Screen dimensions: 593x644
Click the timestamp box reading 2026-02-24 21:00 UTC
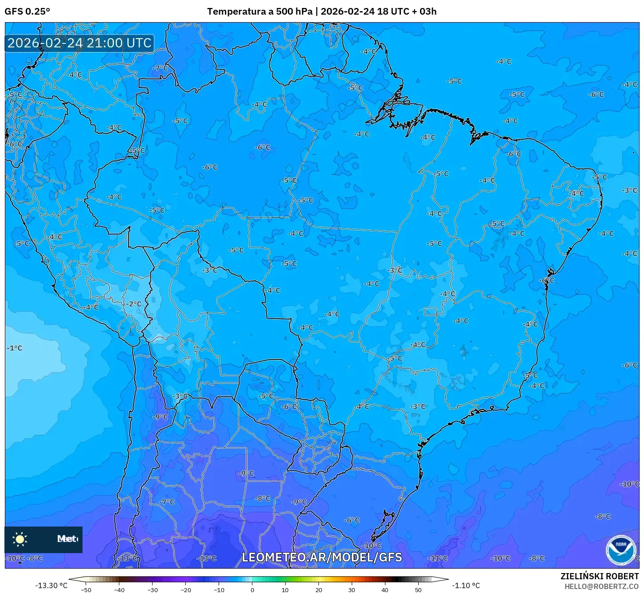click(x=79, y=43)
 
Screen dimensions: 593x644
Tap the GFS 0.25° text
click(x=27, y=11)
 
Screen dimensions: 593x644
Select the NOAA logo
click(x=620, y=550)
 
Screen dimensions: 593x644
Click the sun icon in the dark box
click(x=20, y=539)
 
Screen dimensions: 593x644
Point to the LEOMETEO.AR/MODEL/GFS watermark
click(x=322, y=557)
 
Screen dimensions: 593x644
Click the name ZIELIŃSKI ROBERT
click(x=599, y=576)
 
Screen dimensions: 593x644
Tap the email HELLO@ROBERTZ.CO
click(x=601, y=586)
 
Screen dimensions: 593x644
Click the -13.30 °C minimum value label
click(x=51, y=585)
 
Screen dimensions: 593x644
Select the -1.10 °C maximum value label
click(x=466, y=585)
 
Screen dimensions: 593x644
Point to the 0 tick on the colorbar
click(x=252, y=589)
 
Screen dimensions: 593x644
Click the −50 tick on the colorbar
click(x=86, y=589)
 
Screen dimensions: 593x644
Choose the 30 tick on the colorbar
click(x=351, y=589)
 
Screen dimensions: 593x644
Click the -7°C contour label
click(x=161, y=68)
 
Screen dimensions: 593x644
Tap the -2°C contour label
click(x=134, y=304)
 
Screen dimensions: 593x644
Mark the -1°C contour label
click(x=14, y=348)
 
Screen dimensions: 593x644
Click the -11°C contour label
click(x=438, y=558)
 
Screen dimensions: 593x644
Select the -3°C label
click(x=629, y=190)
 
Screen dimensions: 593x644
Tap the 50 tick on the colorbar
click(x=418, y=589)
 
